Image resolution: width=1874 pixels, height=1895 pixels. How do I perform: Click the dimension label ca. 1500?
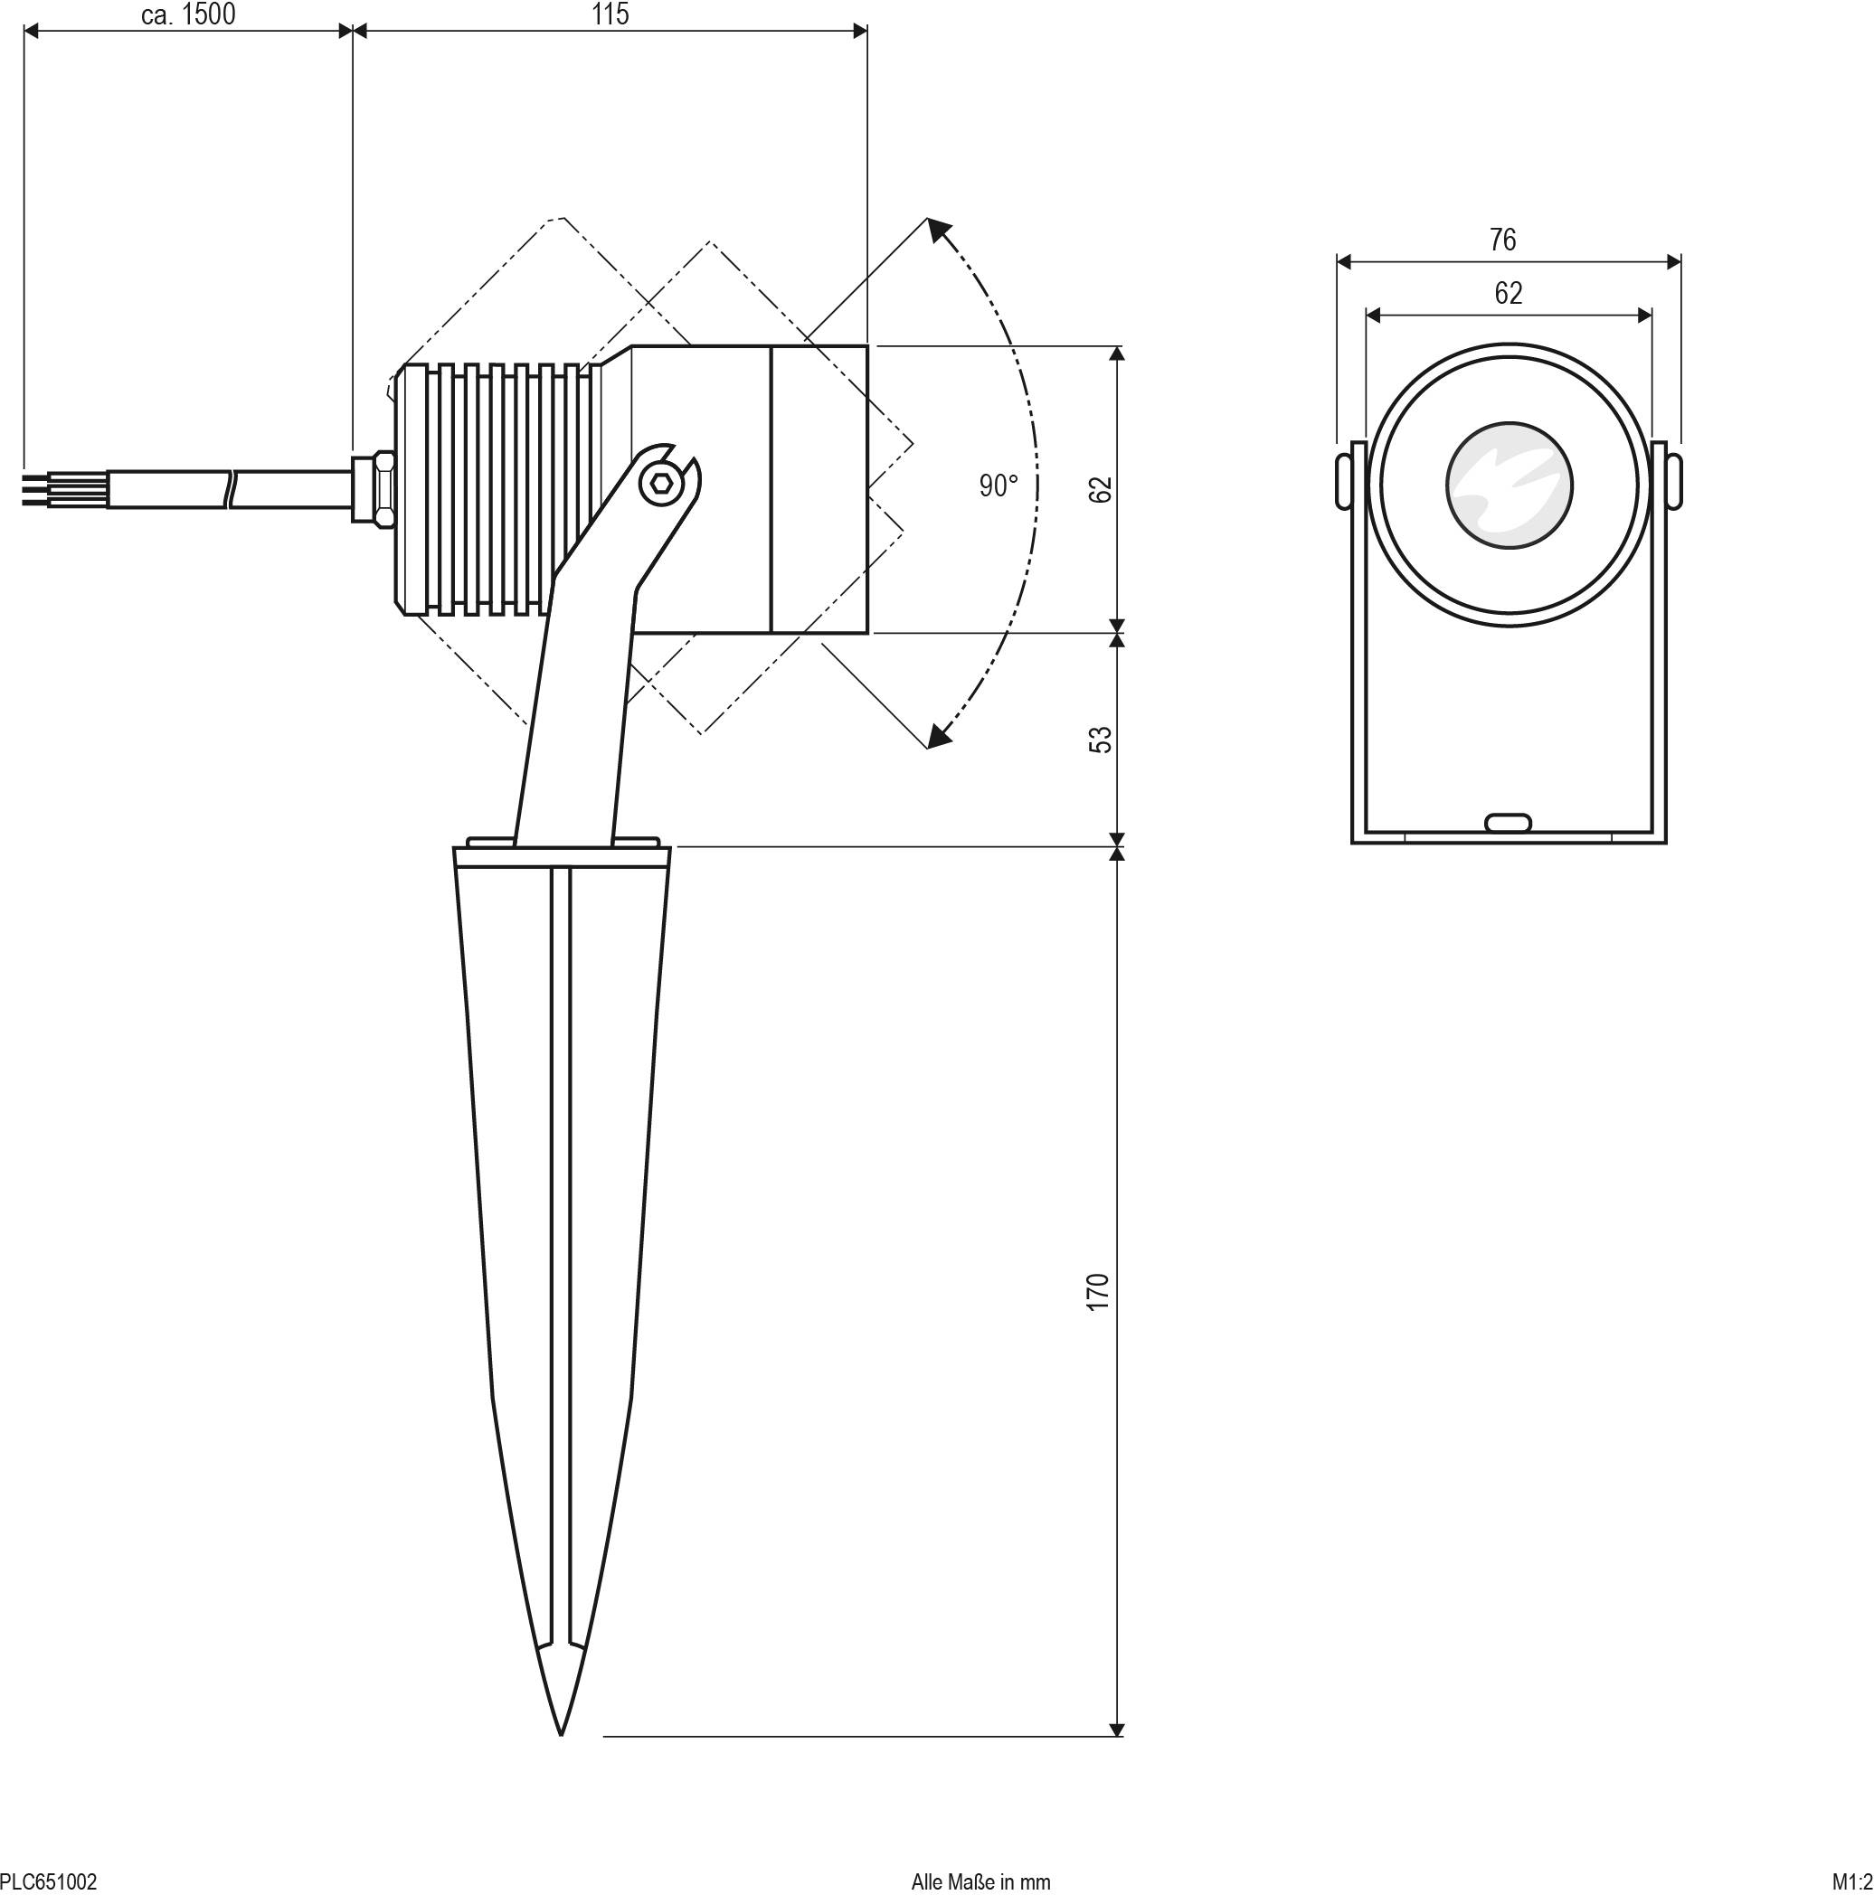pos(188,14)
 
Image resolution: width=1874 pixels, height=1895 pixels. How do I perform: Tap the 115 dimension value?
pos(610,14)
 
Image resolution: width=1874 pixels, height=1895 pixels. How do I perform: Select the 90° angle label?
pos(998,486)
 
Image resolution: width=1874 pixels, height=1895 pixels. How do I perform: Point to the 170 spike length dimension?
pos(1098,1291)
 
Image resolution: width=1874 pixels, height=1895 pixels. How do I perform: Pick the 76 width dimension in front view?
pos(1502,240)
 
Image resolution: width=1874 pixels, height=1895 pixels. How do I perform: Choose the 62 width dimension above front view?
pos(1508,293)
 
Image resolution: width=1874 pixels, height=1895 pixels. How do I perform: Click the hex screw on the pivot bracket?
pos(660,484)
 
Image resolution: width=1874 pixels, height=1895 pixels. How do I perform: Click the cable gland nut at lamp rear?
pos(380,487)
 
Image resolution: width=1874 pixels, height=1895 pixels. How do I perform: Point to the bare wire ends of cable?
pos(35,488)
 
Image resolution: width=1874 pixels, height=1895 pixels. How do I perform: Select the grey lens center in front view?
pos(1508,485)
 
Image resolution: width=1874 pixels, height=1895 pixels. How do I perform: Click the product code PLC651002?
pos(48,1881)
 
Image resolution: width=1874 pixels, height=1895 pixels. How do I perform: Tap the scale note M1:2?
pos(1851,1881)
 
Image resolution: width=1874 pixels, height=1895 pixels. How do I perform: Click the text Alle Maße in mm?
pos(980,1881)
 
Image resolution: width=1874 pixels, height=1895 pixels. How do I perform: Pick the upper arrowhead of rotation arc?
pos(940,231)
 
